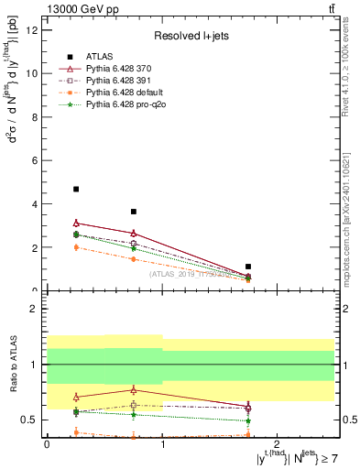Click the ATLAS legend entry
(97, 57)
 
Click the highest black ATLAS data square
(76, 190)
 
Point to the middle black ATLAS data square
(134, 212)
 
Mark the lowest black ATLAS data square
(248, 267)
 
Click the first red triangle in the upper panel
(76, 223)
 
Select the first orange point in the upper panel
(76, 247)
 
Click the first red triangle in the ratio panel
(76, 397)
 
